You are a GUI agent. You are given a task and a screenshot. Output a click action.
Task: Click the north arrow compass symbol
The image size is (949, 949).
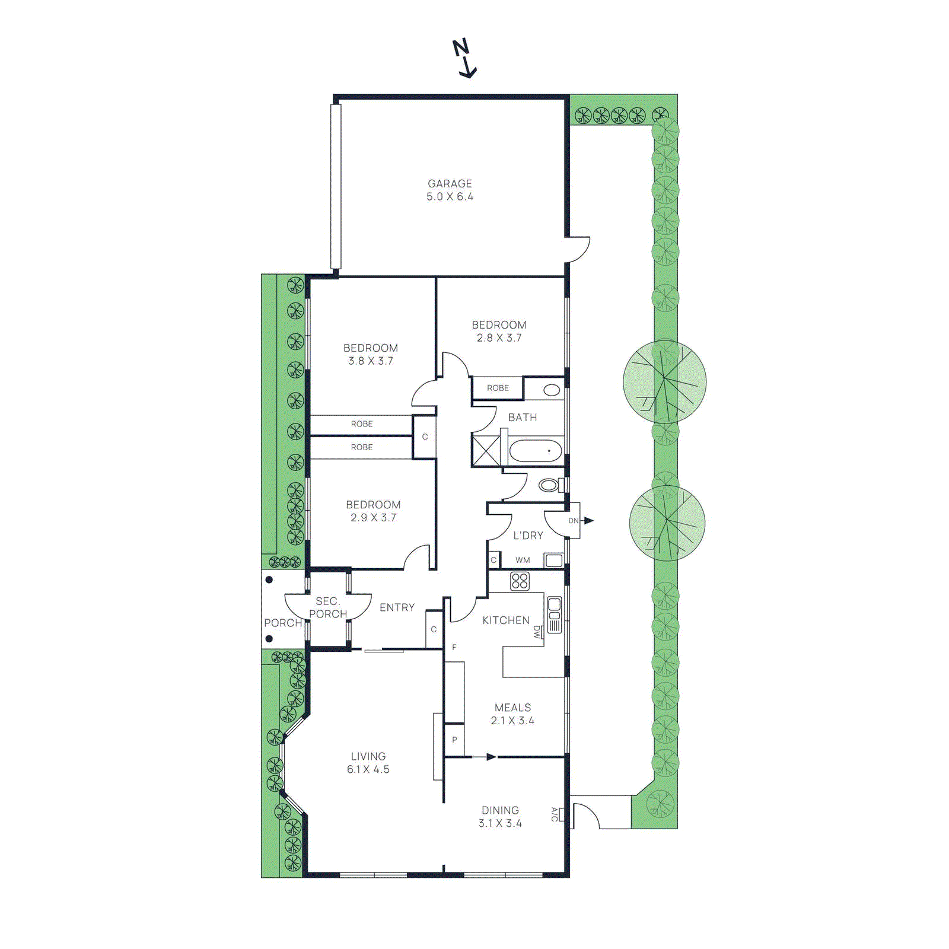465,58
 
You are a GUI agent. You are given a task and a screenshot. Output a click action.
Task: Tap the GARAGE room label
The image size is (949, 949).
450,184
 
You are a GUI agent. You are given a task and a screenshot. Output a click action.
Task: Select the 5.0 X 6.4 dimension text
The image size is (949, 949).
450,197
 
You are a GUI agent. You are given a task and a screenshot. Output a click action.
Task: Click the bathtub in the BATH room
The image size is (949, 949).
536,451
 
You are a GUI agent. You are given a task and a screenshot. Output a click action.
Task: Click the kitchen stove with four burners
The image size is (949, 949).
520,581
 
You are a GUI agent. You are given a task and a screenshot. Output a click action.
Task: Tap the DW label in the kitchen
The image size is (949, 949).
537,632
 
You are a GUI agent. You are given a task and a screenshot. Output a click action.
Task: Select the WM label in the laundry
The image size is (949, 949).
523,560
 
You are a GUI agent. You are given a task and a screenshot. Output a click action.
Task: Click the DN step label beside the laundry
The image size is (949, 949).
573,521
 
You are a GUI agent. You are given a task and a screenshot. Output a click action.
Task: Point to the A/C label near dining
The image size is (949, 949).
555,814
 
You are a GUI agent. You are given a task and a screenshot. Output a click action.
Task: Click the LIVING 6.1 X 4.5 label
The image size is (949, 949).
368,763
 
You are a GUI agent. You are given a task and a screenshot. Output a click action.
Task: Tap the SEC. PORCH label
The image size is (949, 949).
327,607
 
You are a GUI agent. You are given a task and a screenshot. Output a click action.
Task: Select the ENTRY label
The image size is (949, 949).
397,607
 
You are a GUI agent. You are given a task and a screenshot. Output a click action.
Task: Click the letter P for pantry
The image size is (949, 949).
454,740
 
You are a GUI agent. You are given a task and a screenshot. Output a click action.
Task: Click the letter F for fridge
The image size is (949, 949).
454,647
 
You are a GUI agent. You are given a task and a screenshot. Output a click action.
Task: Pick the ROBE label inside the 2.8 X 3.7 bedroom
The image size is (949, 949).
498,388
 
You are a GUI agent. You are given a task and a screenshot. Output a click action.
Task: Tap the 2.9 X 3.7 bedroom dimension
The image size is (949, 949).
373,518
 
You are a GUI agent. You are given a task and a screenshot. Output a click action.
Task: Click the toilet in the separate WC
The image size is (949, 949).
549,486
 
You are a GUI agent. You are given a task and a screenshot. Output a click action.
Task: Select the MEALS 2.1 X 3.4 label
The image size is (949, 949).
512,714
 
